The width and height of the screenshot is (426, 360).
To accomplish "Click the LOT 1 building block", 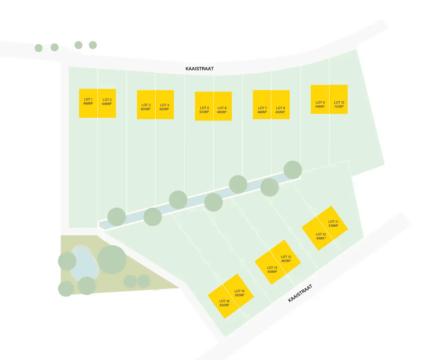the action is [x=88, y=103].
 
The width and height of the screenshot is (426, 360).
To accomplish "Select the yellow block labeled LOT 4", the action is [x=165, y=104].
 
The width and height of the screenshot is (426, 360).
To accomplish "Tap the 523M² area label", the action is [x=204, y=112].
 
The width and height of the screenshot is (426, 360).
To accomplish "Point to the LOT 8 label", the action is [x=281, y=108].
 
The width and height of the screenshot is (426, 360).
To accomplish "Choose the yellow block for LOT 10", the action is [x=338, y=99].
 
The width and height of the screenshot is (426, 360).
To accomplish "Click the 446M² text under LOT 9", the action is [x=320, y=106].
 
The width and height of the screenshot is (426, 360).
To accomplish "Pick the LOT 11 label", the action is [x=333, y=222].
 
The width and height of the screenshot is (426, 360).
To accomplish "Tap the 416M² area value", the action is [x=321, y=238].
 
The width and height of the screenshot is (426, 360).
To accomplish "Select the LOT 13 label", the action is [x=286, y=257].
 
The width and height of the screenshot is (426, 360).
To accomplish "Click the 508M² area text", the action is [x=272, y=271].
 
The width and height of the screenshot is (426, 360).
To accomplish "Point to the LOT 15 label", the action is [x=239, y=291].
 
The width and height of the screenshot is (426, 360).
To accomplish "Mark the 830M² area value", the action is [x=224, y=305].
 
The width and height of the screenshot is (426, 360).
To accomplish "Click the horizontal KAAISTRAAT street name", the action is [x=200, y=69].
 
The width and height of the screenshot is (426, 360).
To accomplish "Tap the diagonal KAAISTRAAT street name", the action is [x=300, y=293].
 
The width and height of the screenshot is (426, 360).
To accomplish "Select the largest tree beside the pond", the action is [x=112, y=259].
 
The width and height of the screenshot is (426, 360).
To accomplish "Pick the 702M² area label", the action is [x=339, y=106].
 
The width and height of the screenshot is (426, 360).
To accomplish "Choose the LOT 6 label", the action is [x=222, y=108].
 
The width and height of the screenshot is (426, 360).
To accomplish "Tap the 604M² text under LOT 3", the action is [x=146, y=109].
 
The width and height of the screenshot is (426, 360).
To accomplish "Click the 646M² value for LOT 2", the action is [x=107, y=104].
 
